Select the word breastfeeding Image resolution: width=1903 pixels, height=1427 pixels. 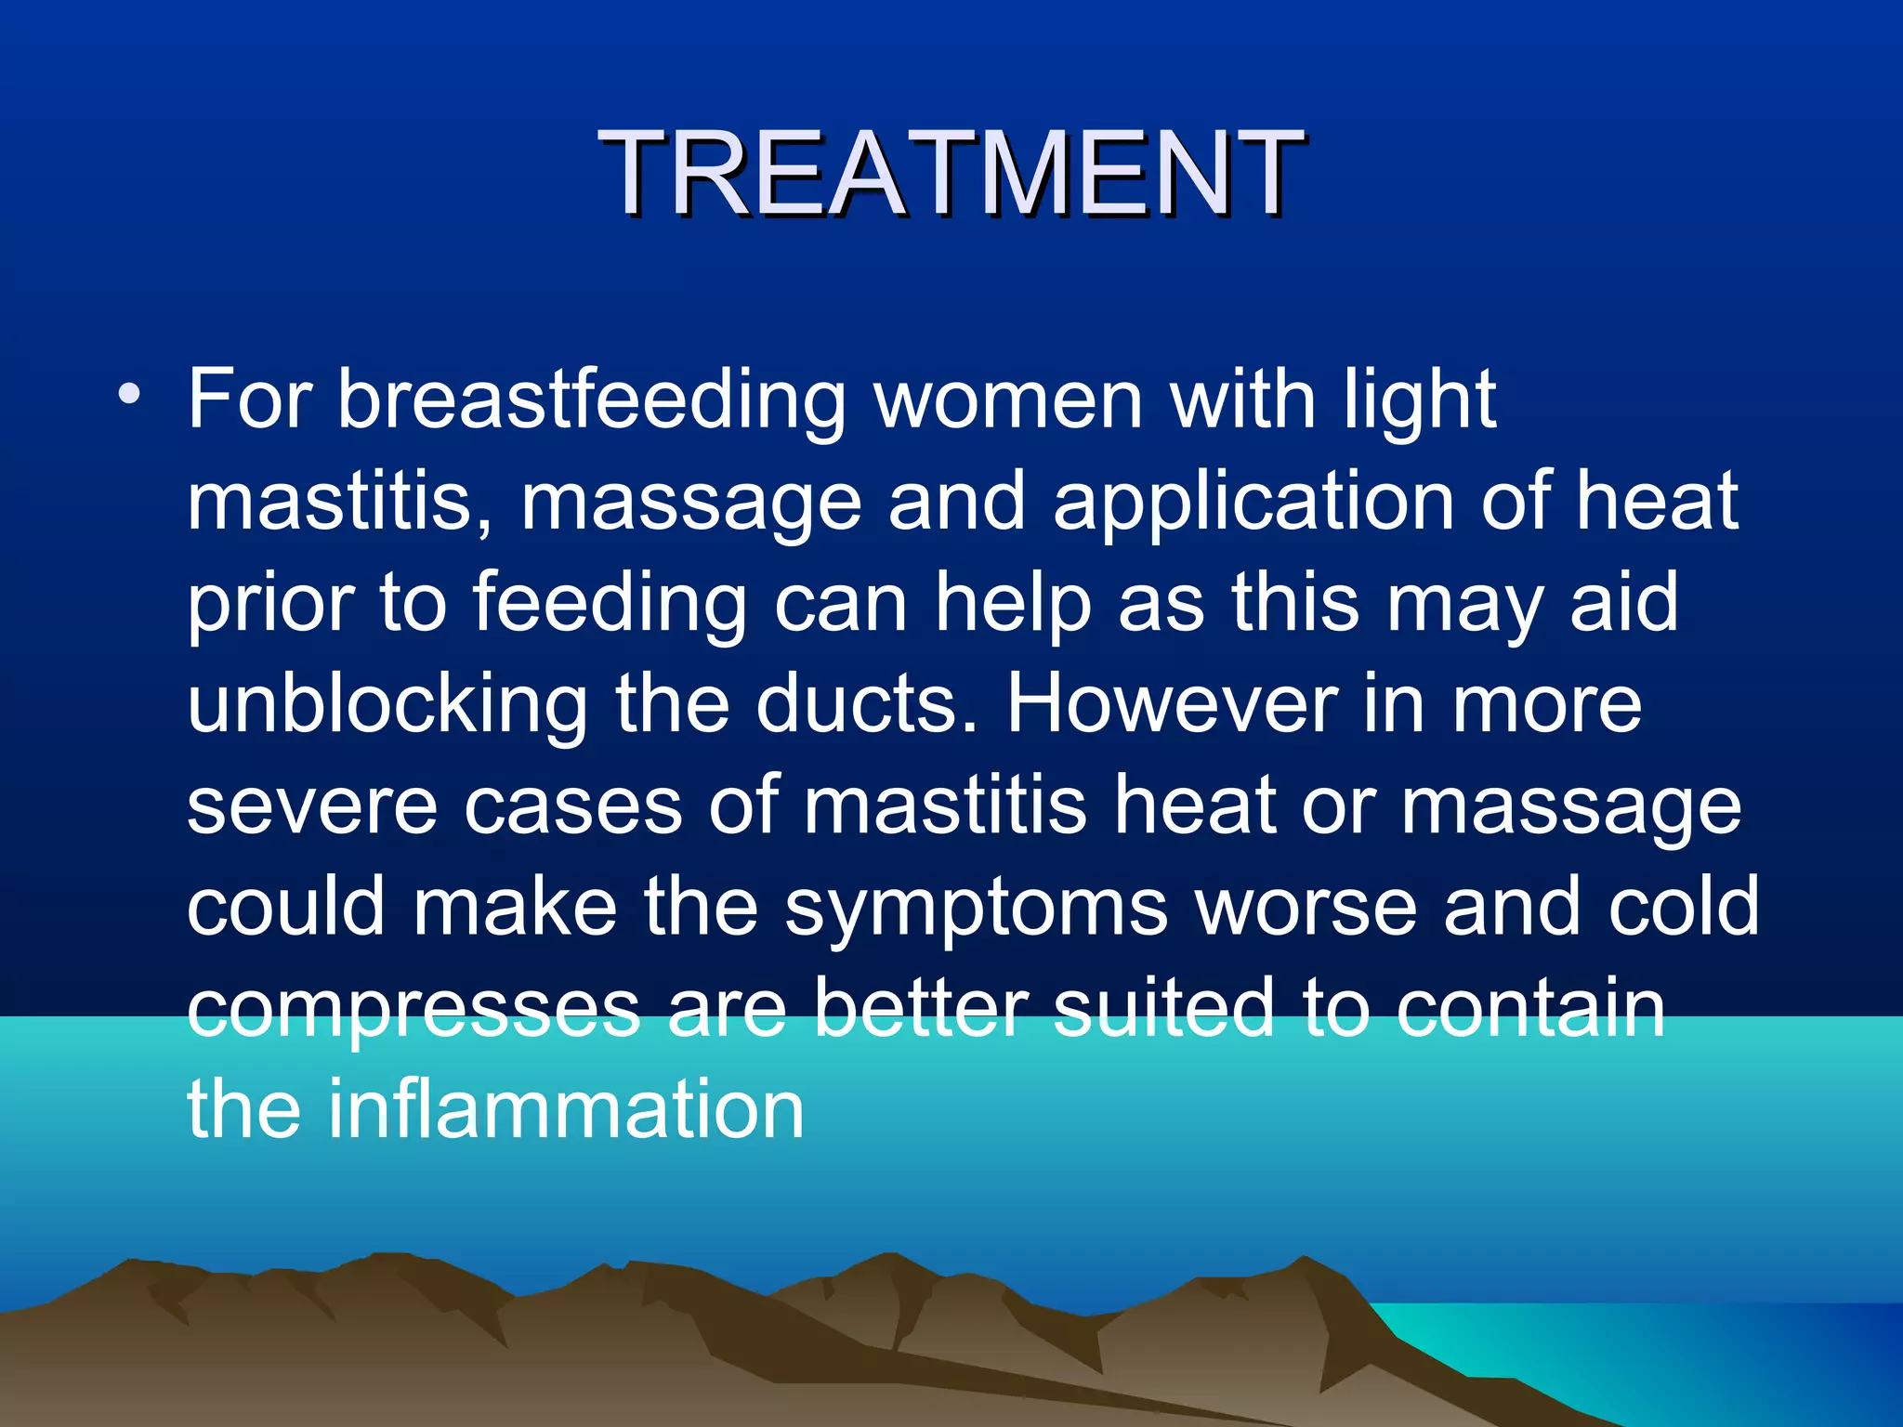(x=591, y=401)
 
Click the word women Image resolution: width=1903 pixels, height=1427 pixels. (x=1007, y=401)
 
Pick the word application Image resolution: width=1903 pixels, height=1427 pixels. (x=1253, y=502)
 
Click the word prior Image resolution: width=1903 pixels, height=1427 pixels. (x=270, y=604)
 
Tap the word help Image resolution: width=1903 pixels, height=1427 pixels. (x=1013, y=604)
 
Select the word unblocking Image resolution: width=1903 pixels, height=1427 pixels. (x=387, y=704)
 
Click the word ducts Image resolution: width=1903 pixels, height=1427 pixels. (x=866, y=704)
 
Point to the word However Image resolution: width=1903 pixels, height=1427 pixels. (x=1171, y=704)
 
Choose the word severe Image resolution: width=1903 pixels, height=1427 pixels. (x=312, y=806)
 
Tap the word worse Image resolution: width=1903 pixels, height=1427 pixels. (x=1306, y=907)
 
